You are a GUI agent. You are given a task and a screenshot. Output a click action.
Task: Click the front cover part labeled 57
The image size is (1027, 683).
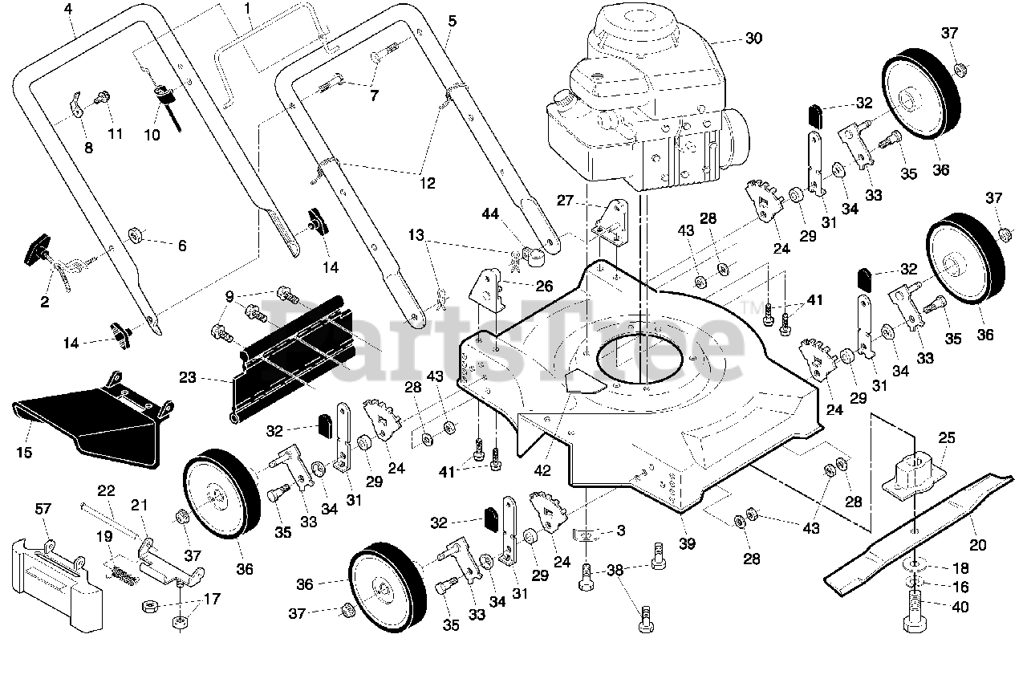[57, 585]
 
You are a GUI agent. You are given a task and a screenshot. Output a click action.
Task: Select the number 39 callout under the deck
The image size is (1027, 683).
[687, 543]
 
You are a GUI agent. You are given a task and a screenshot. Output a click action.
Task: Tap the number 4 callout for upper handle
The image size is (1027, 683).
[68, 9]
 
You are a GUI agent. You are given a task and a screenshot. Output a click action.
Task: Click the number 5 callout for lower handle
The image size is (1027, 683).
[452, 21]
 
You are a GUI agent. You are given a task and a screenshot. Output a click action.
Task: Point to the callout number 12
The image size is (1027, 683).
[427, 183]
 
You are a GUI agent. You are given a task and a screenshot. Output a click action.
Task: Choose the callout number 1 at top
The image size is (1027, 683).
[248, 8]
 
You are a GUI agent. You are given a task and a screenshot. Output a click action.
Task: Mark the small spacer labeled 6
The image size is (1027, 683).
[136, 235]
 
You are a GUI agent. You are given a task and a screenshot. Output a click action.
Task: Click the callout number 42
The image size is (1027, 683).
[542, 470]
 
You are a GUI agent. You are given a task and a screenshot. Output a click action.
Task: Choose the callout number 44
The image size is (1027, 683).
[489, 213]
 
